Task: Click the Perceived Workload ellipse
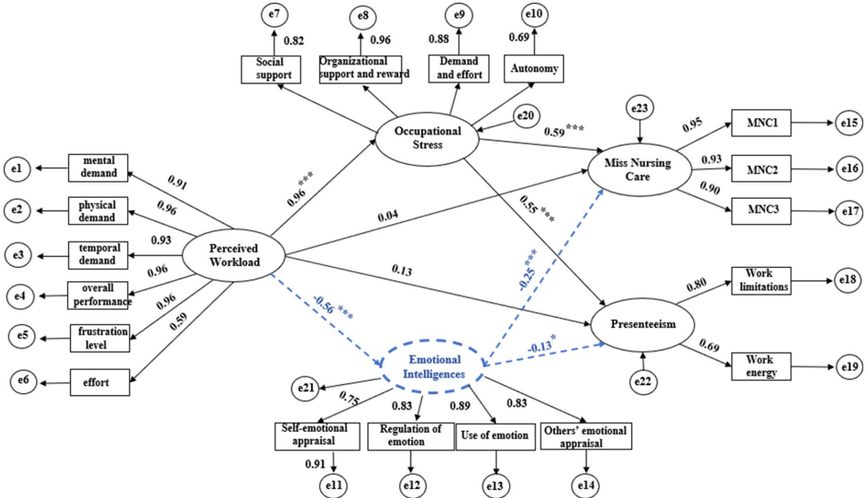click(234, 255)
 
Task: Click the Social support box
click(267, 69)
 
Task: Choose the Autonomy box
click(535, 68)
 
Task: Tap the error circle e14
click(586, 485)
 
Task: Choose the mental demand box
click(98, 167)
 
